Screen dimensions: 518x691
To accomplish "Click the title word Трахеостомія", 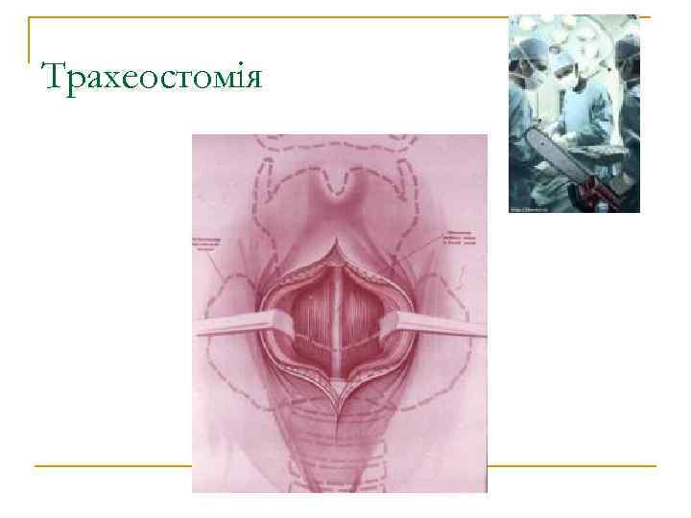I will coord(152,76).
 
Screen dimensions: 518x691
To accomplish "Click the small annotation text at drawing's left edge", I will coord(206,245).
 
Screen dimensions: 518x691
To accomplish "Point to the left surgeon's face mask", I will coord(531,73).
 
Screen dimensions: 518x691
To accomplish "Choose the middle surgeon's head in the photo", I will coord(576,77).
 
